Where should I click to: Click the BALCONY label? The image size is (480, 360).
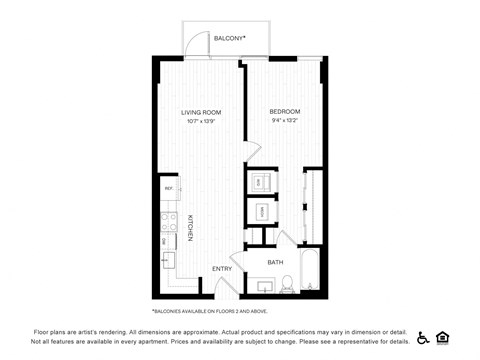pyautogui.click(x=229, y=38)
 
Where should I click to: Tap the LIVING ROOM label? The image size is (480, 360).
pyautogui.click(x=200, y=112)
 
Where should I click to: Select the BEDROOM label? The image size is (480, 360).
pyautogui.click(x=285, y=112)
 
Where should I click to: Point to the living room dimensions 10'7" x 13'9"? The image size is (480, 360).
pyautogui.click(x=200, y=122)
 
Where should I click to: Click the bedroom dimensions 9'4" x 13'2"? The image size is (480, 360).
pyautogui.click(x=285, y=122)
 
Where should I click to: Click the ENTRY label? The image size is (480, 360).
pyautogui.click(x=223, y=269)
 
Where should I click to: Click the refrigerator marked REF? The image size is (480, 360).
pyautogui.click(x=169, y=188)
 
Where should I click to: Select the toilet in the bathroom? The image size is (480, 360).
pyautogui.click(x=286, y=284)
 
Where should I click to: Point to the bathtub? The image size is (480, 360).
pyautogui.click(x=312, y=272)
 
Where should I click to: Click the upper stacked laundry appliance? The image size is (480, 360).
pyautogui.click(x=260, y=182)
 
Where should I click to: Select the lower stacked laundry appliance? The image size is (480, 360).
pyautogui.click(x=260, y=211)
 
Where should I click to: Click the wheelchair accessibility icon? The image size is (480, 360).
pyautogui.click(x=423, y=337)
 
